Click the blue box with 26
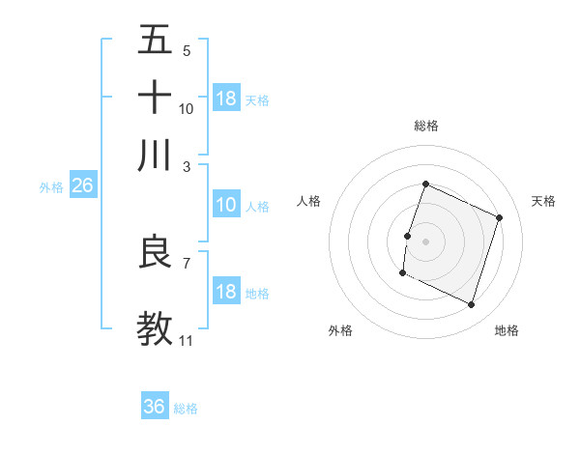[x=82, y=186]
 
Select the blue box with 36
[x=155, y=407]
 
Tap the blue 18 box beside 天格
[x=226, y=99]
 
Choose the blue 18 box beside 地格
[x=226, y=292]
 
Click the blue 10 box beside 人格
[x=226, y=205]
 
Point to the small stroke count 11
[x=186, y=340]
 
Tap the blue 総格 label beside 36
[x=186, y=409]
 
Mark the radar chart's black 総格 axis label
[x=425, y=126]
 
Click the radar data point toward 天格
[x=500, y=217]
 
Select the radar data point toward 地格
[x=471, y=305]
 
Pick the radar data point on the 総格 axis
[x=425, y=184]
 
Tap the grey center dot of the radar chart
[x=425, y=241]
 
